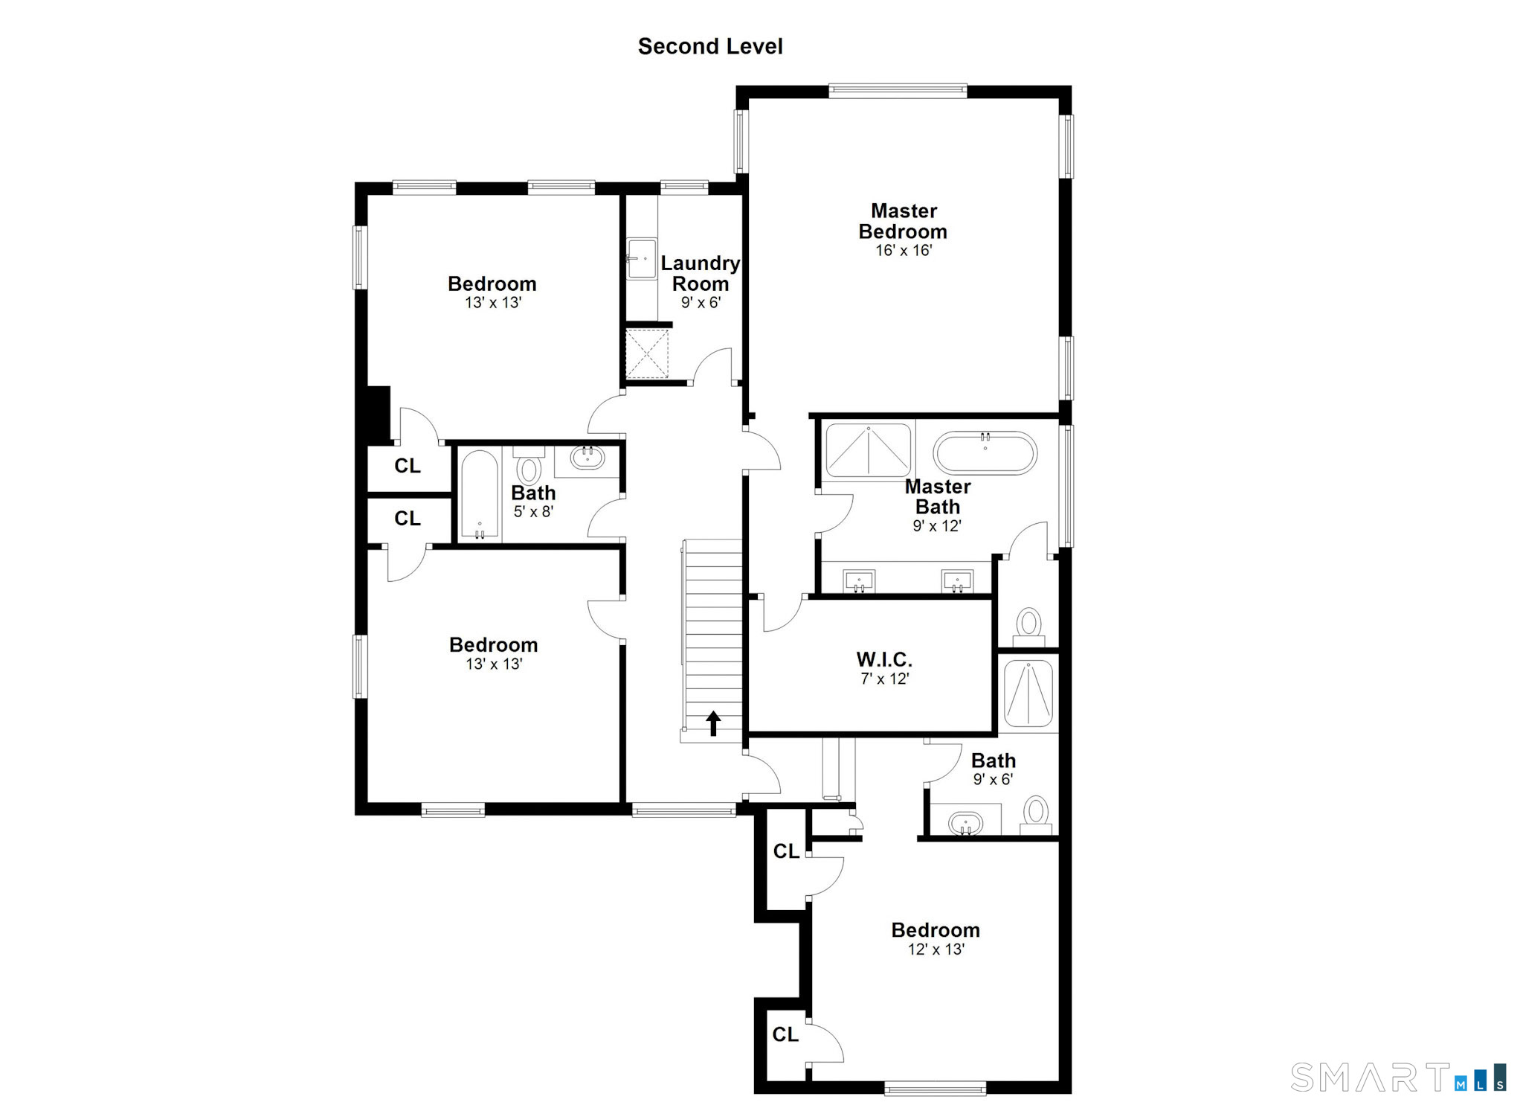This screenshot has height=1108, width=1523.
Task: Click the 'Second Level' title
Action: [x=710, y=46]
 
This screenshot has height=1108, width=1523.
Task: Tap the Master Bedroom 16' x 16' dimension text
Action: [x=904, y=251]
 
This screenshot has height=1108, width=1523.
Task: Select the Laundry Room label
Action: [x=701, y=273]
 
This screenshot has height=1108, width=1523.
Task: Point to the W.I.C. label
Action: [x=884, y=659]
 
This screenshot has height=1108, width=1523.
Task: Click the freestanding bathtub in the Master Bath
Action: [x=985, y=452]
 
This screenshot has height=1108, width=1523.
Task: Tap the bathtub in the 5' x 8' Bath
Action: [x=480, y=494]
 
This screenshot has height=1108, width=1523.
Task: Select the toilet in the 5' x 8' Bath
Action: [x=529, y=466]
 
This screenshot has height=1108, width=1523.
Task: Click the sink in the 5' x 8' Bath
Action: [x=587, y=456]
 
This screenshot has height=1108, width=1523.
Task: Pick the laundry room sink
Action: [x=641, y=258]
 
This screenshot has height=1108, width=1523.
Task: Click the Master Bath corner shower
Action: [x=869, y=451]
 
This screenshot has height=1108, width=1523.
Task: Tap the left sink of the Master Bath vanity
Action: [x=859, y=580]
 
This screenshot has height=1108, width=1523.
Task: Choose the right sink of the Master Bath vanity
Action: [x=957, y=580]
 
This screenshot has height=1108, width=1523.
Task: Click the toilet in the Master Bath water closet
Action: [x=1029, y=627]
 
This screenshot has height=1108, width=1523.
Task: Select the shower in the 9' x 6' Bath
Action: [x=1028, y=694]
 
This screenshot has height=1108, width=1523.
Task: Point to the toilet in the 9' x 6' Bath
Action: [x=1036, y=815]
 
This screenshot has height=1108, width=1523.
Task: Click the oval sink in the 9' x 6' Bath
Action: [x=966, y=823]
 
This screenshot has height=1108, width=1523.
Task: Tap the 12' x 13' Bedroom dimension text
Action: [x=936, y=950]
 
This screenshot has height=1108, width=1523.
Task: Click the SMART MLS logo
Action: [x=1399, y=1077]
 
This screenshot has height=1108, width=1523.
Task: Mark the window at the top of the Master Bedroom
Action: [x=898, y=92]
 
